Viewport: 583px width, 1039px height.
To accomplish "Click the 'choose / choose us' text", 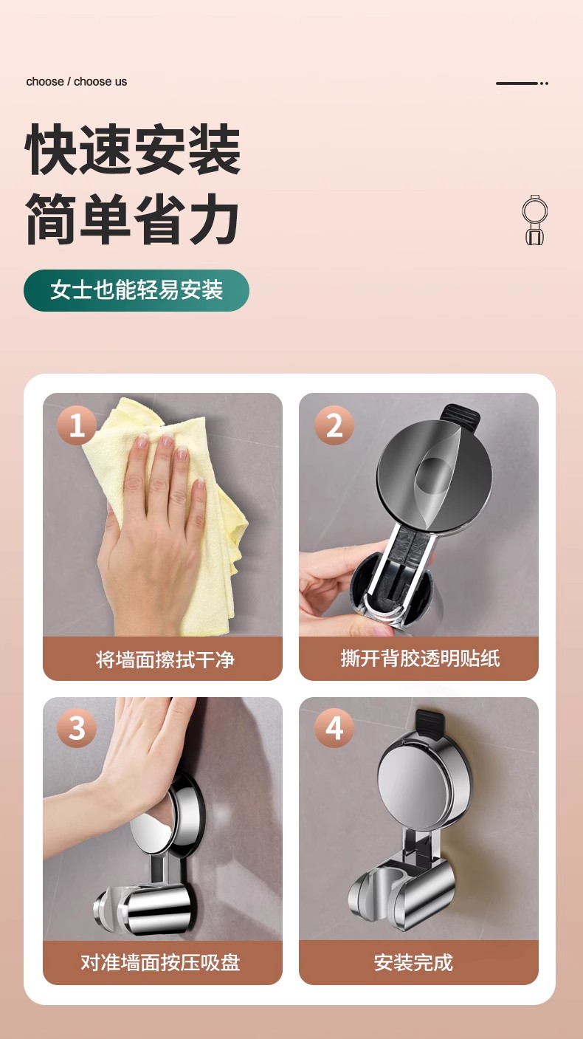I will (x=76, y=82).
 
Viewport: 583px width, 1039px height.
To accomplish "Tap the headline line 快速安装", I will (x=134, y=151).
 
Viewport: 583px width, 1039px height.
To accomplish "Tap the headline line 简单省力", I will (x=133, y=219).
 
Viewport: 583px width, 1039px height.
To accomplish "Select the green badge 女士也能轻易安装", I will (x=137, y=290).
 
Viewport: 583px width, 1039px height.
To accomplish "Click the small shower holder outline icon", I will (x=534, y=220).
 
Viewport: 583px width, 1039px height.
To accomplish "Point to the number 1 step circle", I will (x=77, y=425).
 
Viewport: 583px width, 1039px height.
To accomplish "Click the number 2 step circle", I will (x=334, y=425).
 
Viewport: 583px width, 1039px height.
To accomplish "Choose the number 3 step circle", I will (x=77, y=728).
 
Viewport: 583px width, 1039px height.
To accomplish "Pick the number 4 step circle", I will (x=334, y=728).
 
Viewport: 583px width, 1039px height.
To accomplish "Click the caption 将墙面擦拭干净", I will (x=162, y=659).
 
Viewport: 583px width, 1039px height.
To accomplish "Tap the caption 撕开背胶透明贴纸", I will (x=418, y=659).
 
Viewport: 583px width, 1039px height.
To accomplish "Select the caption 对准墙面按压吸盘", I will (x=162, y=962).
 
